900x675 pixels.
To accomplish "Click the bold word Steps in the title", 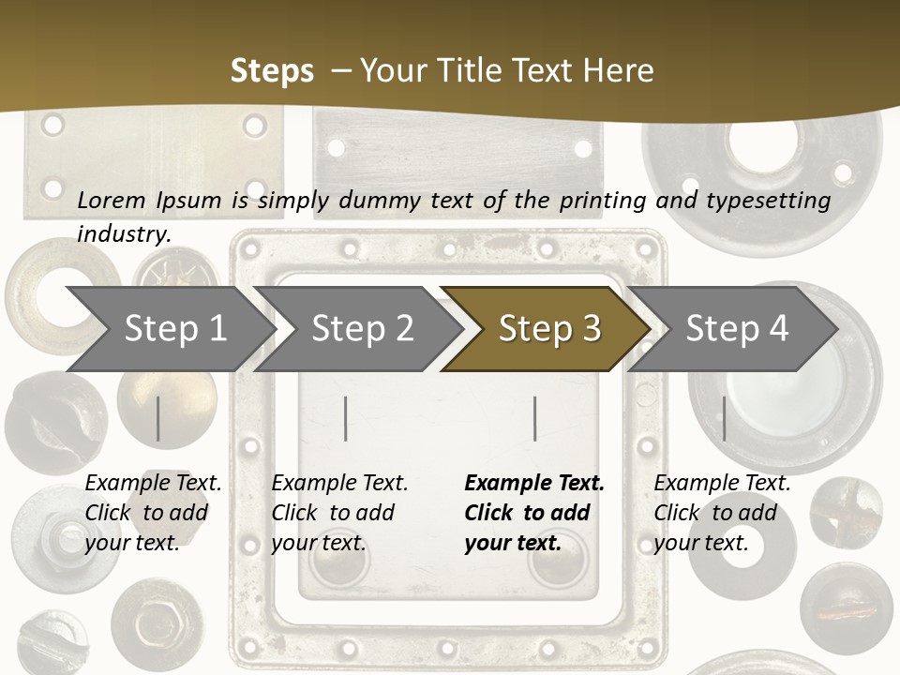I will pyautogui.click(x=272, y=71).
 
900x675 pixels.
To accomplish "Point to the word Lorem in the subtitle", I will pyautogui.click(x=112, y=200).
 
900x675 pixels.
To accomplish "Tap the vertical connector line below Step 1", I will pyautogui.click(x=158, y=418).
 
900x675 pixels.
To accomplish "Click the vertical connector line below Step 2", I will pyautogui.click(x=346, y=418).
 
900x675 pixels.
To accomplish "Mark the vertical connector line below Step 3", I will pyautogui.click(x=535, y=418).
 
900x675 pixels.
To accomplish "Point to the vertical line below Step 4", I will pyautogui.click(x=724, y=418).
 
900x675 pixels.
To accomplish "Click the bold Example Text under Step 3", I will pyautogui.click(x=534, y=484).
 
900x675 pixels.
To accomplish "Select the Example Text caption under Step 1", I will pyautogui.click(x=153, y=484).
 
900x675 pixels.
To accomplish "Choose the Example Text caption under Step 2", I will pyautogui.click(x=339, y=484).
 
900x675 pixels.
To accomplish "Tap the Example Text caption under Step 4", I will pyautogui.click(x=722, y=484).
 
